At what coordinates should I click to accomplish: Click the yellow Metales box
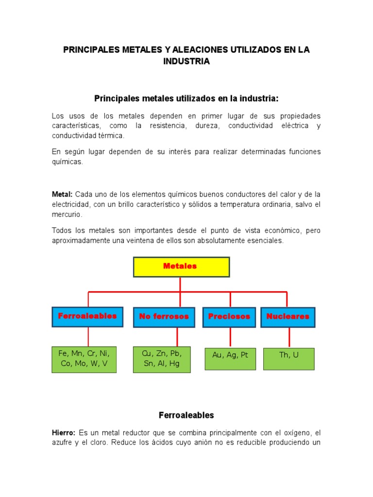[181, 267]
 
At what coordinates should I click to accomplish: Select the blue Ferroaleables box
[87, 316]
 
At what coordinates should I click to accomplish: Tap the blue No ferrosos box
[164, 317]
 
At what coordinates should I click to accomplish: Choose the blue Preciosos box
[229, 317]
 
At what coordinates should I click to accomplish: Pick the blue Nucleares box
[288, 317]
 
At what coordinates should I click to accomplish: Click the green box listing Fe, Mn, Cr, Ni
[84, 359]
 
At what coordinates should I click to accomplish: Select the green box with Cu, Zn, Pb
[162, 359]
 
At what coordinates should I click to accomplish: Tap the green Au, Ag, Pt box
[230, 358]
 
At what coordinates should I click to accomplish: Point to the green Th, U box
[288, 358]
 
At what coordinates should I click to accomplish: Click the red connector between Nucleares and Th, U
[289, 337]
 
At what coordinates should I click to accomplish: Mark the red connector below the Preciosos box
[230, 337]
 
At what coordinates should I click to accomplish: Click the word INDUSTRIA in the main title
[186, 62]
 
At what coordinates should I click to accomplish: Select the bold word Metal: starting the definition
[62, 194]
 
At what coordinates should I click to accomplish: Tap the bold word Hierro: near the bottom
[64, 432]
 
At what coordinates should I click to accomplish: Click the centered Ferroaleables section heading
[186, 415]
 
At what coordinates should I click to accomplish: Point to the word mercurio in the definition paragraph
[67, 214]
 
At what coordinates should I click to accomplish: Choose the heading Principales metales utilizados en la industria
[186, 99]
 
